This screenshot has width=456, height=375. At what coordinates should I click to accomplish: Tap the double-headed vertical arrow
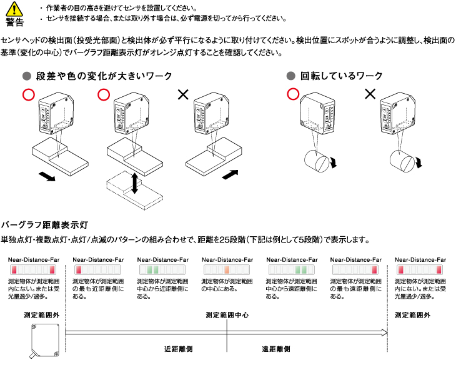click(134, 182)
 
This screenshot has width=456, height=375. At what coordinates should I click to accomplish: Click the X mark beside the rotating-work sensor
click(370, 94)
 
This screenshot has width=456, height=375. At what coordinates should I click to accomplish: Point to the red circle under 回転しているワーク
click(292, 94)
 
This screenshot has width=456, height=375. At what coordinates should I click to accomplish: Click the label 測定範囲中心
click(227, 316)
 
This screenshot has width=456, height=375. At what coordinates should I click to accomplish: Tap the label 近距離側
click(178, 349)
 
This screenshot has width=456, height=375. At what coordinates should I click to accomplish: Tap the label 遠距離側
click(275, 349)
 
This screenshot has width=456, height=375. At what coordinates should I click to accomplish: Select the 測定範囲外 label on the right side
click(413, 316)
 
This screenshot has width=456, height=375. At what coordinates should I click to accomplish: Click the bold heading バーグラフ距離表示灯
click(47, 224)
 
